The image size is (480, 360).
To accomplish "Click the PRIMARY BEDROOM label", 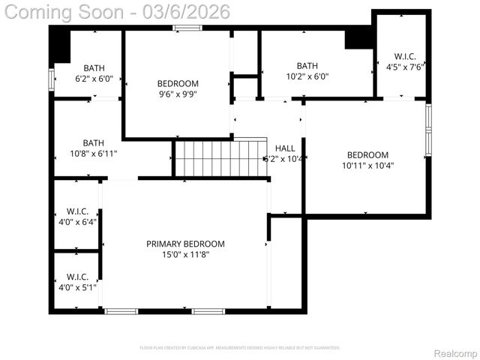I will tap(185, 244).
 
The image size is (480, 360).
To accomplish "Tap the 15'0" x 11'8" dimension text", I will tap(185, 255).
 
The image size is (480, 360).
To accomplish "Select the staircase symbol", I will tap(220, 157).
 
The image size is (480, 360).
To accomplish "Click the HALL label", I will tap(285, 148).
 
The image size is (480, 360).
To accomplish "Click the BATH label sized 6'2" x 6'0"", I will tap(94, 67).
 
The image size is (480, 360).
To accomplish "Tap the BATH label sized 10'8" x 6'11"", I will tap(94, 142).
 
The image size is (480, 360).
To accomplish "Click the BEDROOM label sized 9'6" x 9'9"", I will tap(178, 83).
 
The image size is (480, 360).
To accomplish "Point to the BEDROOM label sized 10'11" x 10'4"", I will tap(367, 154).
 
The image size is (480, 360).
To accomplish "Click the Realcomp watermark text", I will tap(455, 352).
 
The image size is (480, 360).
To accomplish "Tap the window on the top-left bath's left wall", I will tap(52, 79).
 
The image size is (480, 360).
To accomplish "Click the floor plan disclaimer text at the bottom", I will tap(240, 348).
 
